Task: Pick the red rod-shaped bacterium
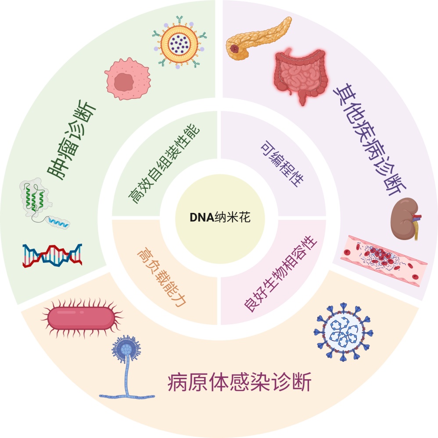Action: [81, 318]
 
